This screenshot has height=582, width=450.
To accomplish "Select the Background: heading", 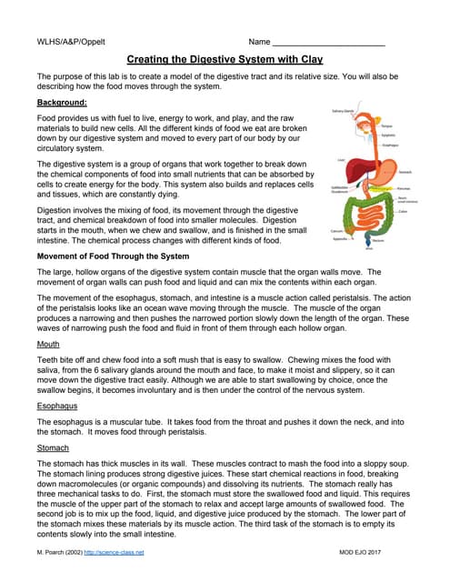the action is click(62, 103).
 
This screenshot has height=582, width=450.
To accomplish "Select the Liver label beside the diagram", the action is click(339, 160).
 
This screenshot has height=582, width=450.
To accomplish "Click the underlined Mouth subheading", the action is click(48, 346).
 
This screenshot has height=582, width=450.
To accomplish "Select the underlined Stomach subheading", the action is click(53, 447).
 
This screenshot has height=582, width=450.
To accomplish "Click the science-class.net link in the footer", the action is click(114, 553).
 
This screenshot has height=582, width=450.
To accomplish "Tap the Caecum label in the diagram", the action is click(336, 231).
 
